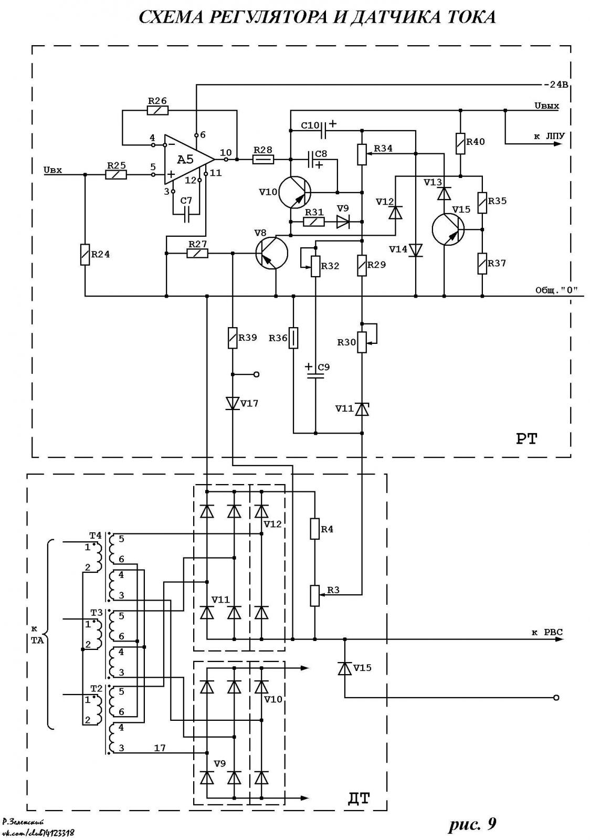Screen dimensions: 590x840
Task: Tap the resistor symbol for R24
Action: tap(85, 255)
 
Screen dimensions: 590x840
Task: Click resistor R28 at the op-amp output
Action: tap(263, 160)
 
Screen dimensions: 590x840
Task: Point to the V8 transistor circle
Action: tap(272, 253)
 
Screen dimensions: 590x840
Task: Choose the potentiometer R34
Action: tap(362, 154)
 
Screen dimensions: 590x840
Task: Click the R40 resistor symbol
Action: tap(461, 143)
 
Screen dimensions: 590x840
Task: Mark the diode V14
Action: tap(415, 250)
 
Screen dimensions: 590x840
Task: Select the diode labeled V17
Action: tap(233, 404)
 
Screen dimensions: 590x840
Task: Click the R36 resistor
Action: tap(293, 338)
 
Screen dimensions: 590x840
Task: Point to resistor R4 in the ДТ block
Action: tap(315, 529)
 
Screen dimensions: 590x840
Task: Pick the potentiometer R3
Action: tap(315, 595)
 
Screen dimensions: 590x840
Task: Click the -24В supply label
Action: tap(556, 85)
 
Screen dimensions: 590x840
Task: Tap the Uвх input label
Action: tap(53, 170)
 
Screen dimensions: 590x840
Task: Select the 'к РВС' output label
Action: tap(547, 632)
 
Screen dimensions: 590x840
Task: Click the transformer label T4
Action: tap(95, 535)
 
